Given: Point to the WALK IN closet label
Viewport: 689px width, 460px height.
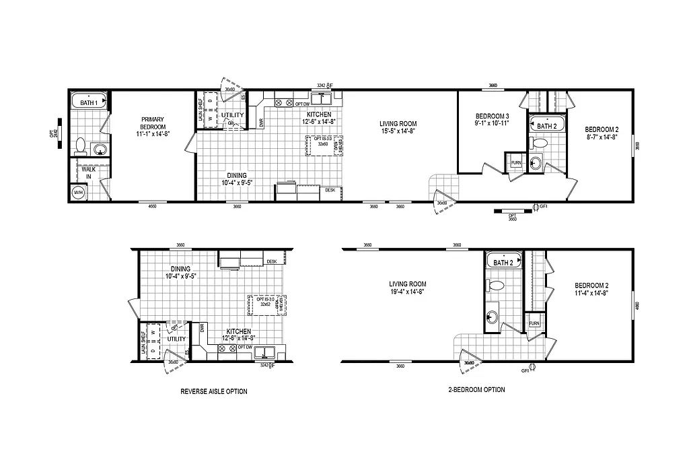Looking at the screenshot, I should pyautogui.click(x=89, y=174).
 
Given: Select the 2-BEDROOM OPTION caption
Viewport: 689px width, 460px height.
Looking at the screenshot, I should pyautogui.click(x=476, y=389).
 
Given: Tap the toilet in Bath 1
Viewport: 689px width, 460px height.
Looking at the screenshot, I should pyautogui.click(x=80, y=144).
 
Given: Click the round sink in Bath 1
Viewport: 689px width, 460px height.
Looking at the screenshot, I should pyautogui.click(x=100, y=150).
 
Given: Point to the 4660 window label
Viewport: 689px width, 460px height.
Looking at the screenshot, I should pyautogui.click(x=152, y=206).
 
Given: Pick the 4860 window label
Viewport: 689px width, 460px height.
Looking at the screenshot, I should pyautogui.click(x=637, y=305).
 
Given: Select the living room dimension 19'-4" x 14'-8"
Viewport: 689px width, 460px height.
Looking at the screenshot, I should pyautogui.click(x=402, y=292).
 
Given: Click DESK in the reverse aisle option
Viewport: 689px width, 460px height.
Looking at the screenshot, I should pyautogui.click(x=271, y=261).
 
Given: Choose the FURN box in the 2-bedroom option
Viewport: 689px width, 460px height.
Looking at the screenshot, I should pyautogui.click(x=534, y=323).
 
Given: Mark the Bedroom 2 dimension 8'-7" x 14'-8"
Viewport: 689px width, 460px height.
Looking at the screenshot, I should pyautogui.click(x=602, y=137).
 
